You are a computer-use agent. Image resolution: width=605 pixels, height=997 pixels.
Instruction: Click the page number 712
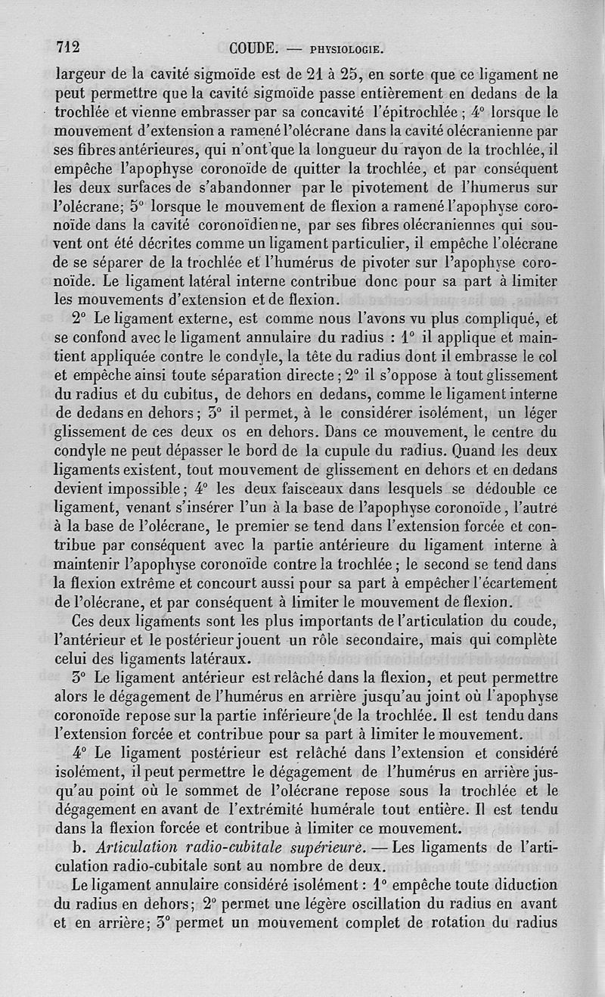tap(69, 47)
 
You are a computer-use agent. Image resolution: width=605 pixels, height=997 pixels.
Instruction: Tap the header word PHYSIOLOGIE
tap(347, 51)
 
